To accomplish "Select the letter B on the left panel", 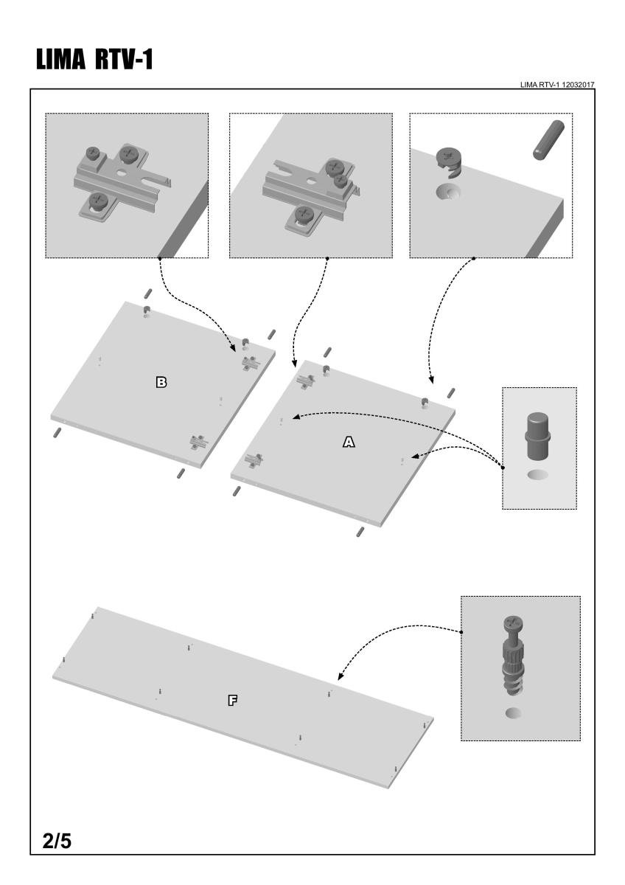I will pos(161,382).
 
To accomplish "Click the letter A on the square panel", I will pos(349,441).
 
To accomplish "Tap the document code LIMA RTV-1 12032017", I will pos(557,85).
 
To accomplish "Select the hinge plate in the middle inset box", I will pos(308,184).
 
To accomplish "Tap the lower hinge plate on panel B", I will pos(198,441).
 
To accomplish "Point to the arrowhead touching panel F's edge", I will pos(341,676).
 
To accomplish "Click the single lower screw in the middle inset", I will pos(303,214).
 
